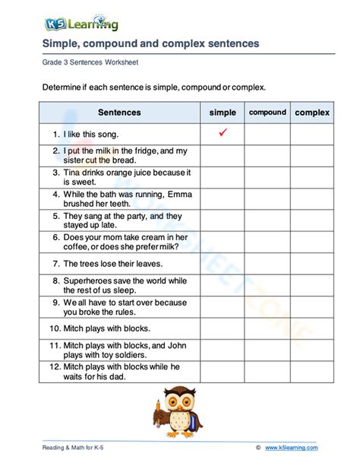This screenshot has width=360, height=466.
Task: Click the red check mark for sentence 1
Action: (x=223, y=133)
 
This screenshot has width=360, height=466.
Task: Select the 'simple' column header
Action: (x=223, y=113)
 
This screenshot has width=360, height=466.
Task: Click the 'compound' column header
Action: (x=267, y=113)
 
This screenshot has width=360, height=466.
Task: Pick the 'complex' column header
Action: (x=312, y=113)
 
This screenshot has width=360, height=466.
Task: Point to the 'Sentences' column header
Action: (x=119, y=113)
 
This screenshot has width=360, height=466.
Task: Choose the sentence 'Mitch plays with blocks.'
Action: (x=99, y=328)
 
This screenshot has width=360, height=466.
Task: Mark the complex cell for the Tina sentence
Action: (x=312, y=178)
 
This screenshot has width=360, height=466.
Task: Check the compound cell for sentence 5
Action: (x=267, y=220)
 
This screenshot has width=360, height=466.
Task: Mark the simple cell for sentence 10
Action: (x=223, y=328)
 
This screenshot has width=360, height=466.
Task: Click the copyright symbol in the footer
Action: (x=258, y=448)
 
